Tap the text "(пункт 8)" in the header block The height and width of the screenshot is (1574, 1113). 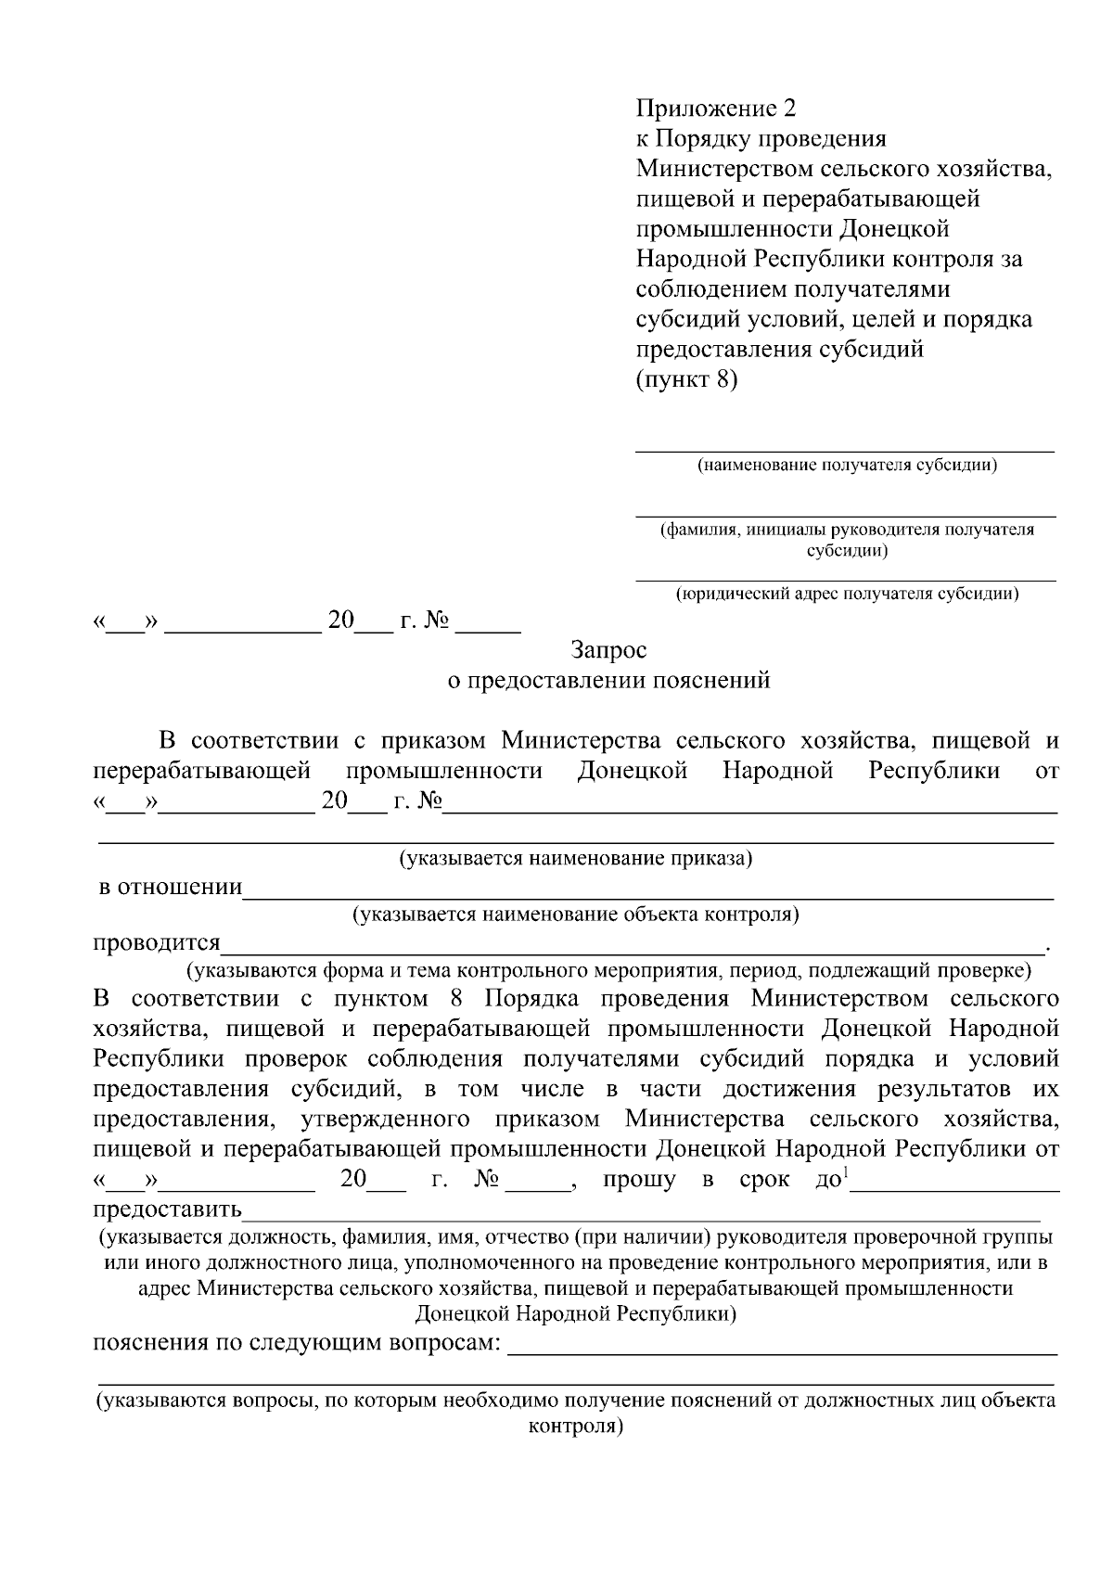(x=686, y=379)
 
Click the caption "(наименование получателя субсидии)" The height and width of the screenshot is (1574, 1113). (x=847, y=466)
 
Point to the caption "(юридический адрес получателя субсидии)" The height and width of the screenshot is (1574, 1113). (x=847, y=595)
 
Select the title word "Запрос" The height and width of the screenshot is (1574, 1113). (x=609, y=650)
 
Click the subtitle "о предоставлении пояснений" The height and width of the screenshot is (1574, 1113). (x=609, y=681)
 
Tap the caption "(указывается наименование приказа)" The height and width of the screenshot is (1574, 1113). (x=575, y=858)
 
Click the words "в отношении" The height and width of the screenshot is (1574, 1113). (x=171, y=888)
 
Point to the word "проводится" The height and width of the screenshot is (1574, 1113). (x=157, y=943)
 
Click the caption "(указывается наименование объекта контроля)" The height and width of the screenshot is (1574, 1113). (x=575, y=915)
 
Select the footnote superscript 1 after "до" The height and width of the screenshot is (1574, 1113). (x=845, y=1173)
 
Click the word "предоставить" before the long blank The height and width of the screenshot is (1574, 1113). (x=168, y=1209)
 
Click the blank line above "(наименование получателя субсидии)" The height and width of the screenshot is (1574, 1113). (x=844, y=450)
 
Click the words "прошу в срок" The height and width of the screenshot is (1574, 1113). (x=696, y=1180)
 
